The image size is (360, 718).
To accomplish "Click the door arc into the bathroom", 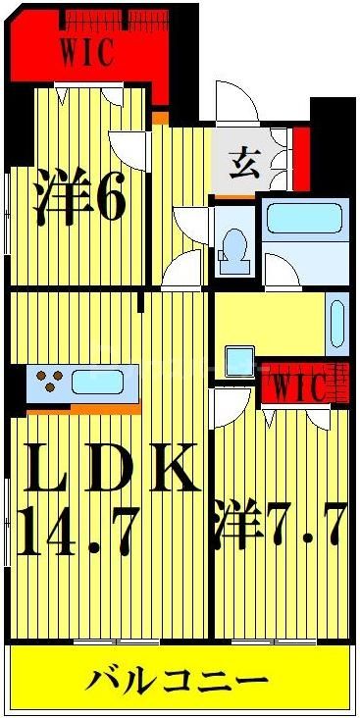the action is click(282, 269).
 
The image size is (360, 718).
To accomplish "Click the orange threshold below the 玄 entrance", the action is click(234, 197).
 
